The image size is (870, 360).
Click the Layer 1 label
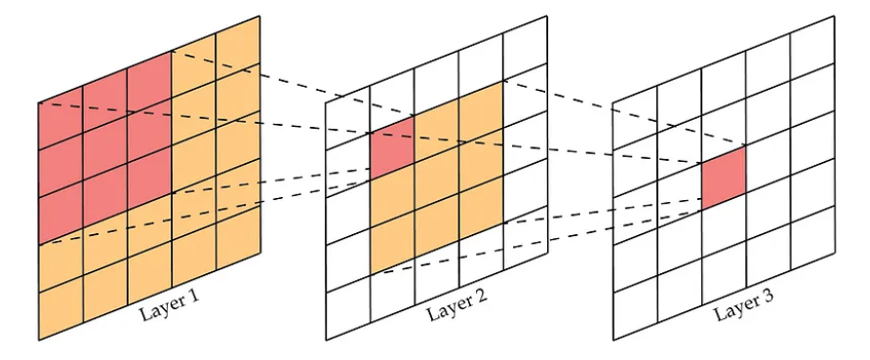pyautogui.click(x=169, y=304)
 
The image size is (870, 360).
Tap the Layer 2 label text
pyautogui.click(x=456, y=304)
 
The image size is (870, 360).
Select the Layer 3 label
pyautogui.click(x=744, y=304)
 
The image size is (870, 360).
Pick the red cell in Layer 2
pyautogui.click(x=392, y=148)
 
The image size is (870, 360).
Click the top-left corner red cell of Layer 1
pyautogui.click(x=60, y=118)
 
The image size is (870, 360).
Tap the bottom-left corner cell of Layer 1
pyautogui.click(x=60, y=307)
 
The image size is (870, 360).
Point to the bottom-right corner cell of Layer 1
pyautogui.click(x=238, y=237)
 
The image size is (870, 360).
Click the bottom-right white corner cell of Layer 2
pyautogui.click(x=526, y=237)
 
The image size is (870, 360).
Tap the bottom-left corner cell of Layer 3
pyautogui.click(x=635, y=307)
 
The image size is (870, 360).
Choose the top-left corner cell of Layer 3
pyautogui.click(x=635, y=118)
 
